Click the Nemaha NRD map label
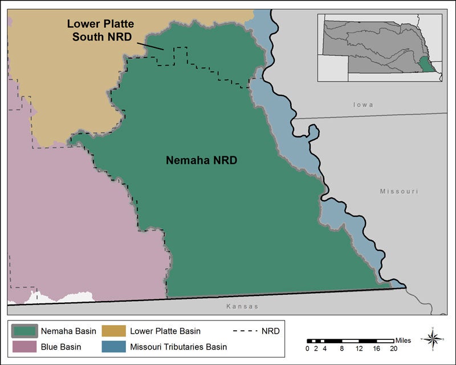tap(201, 161)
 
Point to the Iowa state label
tap(363, 105)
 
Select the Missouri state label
tap(399, 192)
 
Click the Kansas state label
tap(242, 307)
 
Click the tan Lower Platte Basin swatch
tap(114, 331)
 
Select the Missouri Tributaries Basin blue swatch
tap(114, 347)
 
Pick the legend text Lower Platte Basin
tap(165, 331)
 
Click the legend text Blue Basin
tap(60, 347)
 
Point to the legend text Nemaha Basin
tap(69, 331)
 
